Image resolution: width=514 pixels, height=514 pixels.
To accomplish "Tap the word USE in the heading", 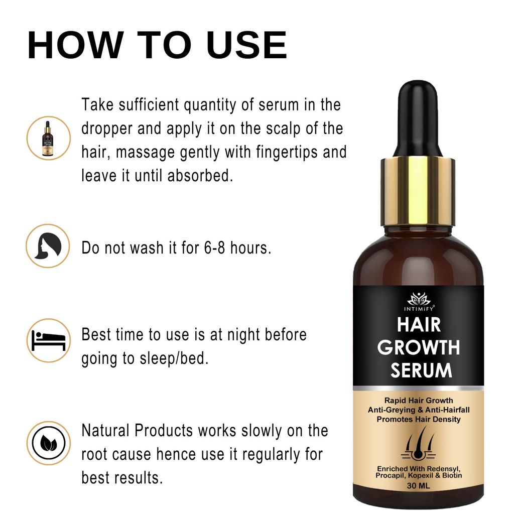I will pyautogui.click(x=246, y=46).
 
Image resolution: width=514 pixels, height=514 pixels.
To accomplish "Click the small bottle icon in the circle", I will pyautogui.click(x=48, y=138).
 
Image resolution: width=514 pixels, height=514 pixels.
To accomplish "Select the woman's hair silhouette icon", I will pyautogui.click(x=48, y=246).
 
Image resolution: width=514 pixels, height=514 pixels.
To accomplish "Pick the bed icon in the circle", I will pyautogui.click(x=48, y=340).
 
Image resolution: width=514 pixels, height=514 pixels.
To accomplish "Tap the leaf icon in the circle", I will pyautogui.click(x=48, y=443).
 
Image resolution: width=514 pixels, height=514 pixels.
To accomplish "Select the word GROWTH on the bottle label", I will pyautogui.click(x=419, y=347).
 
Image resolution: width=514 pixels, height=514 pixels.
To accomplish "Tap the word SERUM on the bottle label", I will pyautogui.click(x=421, y=370).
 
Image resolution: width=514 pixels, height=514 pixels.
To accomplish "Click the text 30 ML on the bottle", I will pyautogui.click(x=419, y=486).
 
